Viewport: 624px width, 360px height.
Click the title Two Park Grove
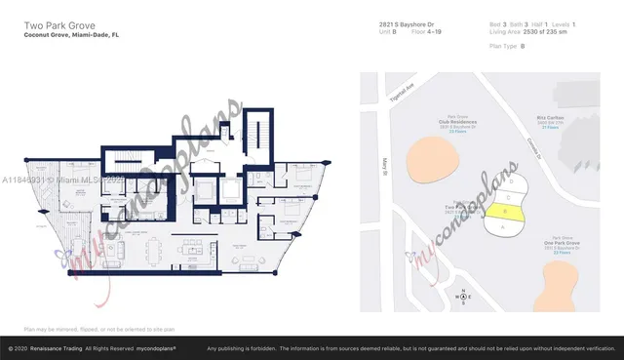point(52,23)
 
